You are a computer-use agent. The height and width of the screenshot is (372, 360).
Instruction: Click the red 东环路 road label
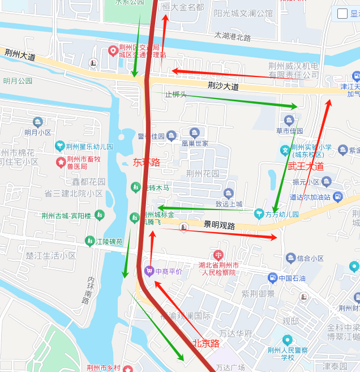(x=147, y=162)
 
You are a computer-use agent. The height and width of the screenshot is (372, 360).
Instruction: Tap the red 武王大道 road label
(x=306, y=166)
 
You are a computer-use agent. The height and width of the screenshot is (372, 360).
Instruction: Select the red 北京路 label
(x=205, y=343)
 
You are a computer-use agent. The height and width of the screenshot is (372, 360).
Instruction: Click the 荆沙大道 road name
(x=223, y=87)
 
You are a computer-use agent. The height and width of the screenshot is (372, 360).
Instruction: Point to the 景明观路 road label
(x=219, y=225)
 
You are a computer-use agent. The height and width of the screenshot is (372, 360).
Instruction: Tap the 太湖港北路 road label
(x=232, y=37)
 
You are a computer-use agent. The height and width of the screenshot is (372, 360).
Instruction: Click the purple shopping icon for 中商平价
(x=149, y=271)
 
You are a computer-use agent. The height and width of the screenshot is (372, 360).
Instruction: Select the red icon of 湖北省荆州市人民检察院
(x=218, y=255)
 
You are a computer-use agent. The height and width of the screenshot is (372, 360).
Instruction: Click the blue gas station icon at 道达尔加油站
(x=338, y=197)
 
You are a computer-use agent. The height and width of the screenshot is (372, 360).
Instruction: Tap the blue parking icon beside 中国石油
(x=273, y=278)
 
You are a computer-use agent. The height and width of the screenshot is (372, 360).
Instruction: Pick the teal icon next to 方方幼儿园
(x=259, y=214)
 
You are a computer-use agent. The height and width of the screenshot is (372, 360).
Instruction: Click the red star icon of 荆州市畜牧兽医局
(x=61, y=163)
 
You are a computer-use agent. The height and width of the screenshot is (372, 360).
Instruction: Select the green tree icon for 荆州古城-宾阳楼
(x=100, y=215)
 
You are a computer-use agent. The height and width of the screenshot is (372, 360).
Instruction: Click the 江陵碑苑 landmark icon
(x=90, y=242)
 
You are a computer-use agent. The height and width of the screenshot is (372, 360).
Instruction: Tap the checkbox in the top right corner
(x=342, y=14)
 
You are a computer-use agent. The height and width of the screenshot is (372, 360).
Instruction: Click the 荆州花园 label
(x=203, y=173)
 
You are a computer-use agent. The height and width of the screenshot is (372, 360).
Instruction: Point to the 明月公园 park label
(x=18, y=81)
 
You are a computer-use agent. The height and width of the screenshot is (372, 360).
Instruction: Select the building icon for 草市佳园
(x=289, y=120)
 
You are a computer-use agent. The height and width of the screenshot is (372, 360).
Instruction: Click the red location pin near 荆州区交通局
(x=113, y=51)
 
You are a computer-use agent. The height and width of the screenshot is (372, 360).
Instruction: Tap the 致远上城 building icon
(x=229, y=193)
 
